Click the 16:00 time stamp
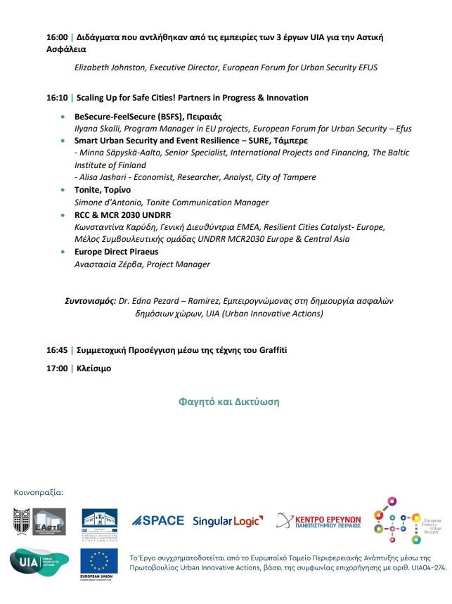coord(57,37)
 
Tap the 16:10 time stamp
coord(57,98)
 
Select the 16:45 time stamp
coord(57,349)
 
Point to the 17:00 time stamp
coord(57,368)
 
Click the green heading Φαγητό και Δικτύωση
coord(228,401)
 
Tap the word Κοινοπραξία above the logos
coord(39,491)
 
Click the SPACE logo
coord(158,520)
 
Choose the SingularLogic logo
coord(228,521)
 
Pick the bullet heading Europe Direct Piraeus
coord(116,252)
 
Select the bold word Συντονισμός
coord(90,300)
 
